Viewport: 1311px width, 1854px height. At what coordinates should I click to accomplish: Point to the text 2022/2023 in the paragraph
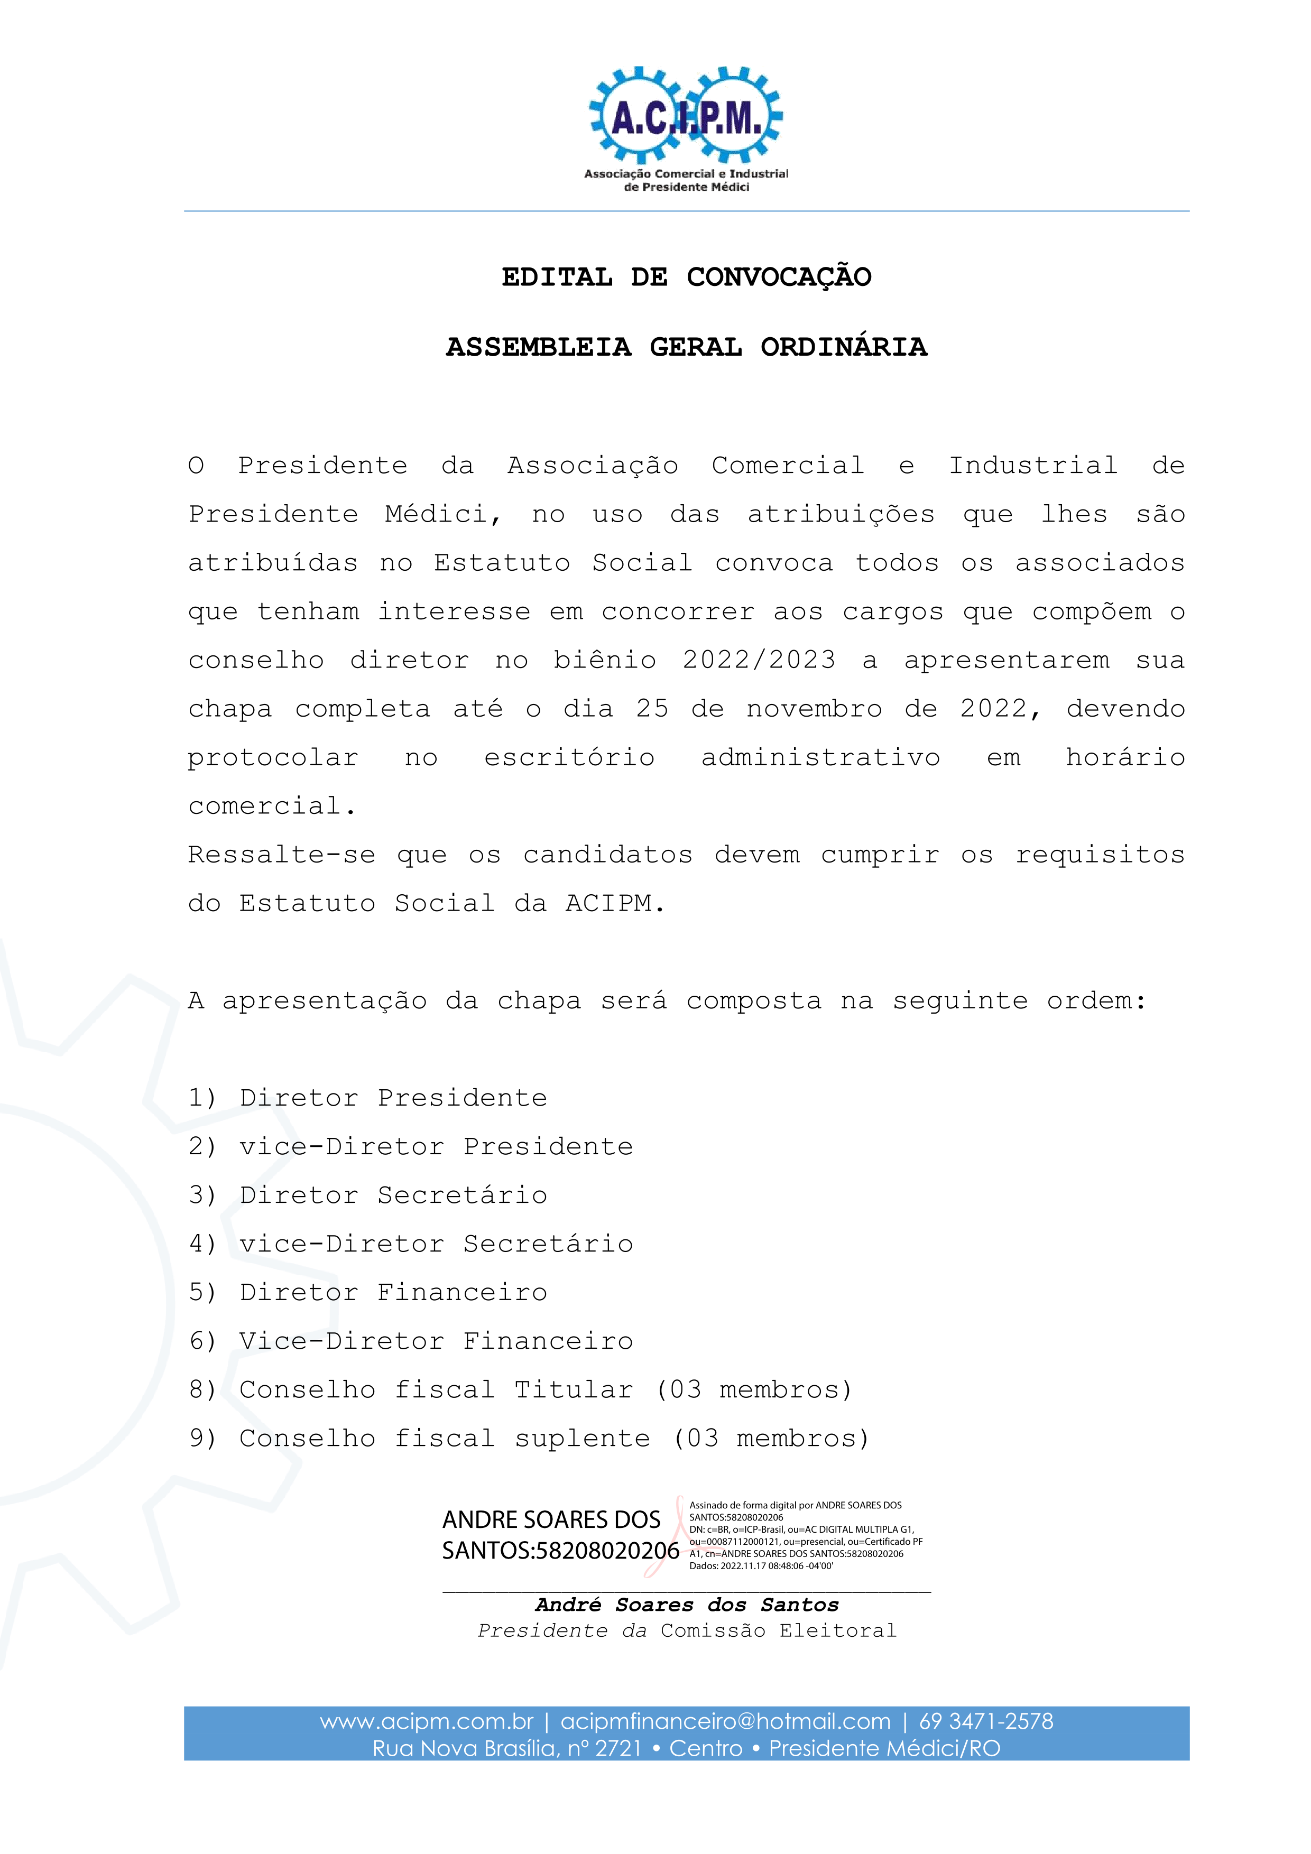point(759,660)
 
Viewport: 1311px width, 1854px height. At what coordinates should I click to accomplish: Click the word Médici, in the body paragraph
point(442,514)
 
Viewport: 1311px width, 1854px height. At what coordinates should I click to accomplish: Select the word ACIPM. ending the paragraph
point(615,903)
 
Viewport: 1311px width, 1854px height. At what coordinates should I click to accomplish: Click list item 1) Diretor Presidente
point(367,1097)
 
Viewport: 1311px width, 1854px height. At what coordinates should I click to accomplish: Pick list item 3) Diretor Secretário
point(367,1195)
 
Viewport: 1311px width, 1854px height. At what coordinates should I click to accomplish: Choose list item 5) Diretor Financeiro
point(367,1292)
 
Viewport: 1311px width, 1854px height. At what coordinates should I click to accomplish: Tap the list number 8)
point(202,1389)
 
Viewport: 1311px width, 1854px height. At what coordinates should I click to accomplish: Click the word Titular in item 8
point(574,1389)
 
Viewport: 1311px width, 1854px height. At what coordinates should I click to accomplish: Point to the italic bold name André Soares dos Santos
point(687,1605)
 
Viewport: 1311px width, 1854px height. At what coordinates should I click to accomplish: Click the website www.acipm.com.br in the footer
point(427,1721)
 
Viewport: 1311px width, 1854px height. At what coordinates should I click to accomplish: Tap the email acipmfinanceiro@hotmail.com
point(725,1721)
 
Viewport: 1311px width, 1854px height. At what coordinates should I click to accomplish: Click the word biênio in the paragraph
point(604,660)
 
